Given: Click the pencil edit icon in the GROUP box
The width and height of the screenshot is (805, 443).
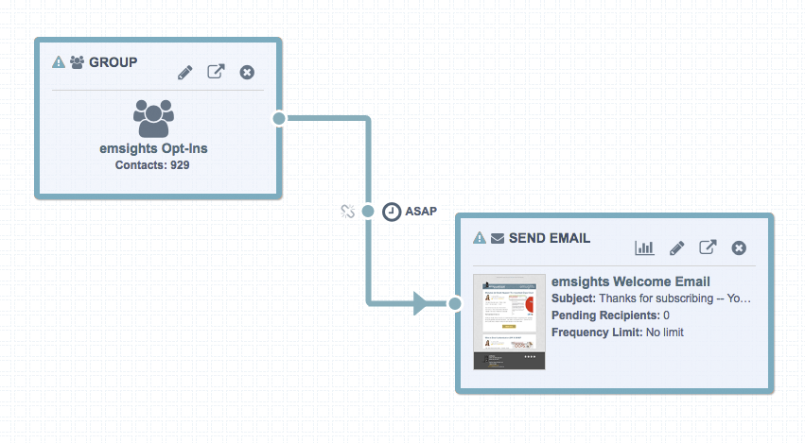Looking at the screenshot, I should pos(184,72).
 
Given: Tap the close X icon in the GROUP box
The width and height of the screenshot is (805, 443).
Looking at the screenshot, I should pos(247,72).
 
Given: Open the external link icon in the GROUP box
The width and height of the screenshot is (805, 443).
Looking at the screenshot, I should pos(216,72).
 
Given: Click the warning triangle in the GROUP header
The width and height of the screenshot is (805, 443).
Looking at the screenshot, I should pos(59,62).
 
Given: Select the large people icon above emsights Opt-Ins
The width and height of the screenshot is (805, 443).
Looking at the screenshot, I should pos(153,116).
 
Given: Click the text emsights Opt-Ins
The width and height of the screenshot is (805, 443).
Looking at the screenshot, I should pos(153,148).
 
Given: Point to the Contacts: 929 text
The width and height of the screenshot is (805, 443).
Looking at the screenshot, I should pos(153,165).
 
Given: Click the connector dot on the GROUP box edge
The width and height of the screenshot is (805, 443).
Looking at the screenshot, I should pos(278,118).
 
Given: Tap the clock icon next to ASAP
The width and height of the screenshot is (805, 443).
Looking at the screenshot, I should pos(391,212).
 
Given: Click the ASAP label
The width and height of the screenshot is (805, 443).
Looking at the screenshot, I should pos(421,212).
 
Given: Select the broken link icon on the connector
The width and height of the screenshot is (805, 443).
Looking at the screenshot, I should pos(347,212).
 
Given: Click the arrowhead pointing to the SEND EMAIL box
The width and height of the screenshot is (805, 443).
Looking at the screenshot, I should pos(422,303).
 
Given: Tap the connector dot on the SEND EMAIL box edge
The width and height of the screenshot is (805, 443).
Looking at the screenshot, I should pos(455,303).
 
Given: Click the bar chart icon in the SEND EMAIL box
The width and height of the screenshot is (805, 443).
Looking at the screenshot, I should pos(644,247).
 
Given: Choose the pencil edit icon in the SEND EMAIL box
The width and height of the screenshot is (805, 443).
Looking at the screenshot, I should pos(676,247).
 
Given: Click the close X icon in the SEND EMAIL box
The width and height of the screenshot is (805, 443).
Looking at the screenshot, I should pos(740,247).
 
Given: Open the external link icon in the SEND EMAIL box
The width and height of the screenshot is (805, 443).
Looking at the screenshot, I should pos(708,247).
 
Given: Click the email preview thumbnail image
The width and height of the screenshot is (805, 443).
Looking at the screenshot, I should pos(510,322).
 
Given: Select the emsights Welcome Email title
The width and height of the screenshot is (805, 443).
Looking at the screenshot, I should pos(630,281).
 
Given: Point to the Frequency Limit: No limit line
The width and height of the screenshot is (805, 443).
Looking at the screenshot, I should pos(617,332).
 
